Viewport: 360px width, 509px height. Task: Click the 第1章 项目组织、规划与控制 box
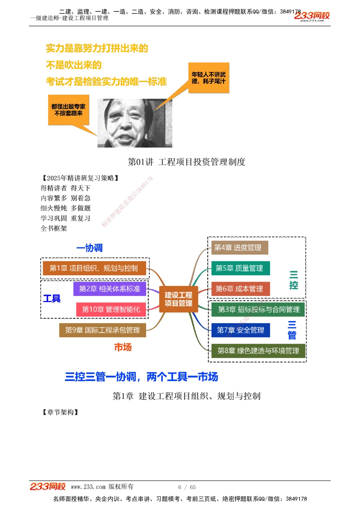click(94, 268)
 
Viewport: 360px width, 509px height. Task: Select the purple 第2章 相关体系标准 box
click(109, 288)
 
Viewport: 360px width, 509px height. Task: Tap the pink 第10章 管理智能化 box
click(111, 309)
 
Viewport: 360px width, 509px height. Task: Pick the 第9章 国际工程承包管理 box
click(103, 330)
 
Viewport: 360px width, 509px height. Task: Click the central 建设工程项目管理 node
click(179, 299)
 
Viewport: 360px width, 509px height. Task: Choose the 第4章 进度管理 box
click(238, 247)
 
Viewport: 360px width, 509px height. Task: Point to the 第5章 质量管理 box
click(239, 268)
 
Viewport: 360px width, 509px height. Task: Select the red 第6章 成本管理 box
click(239, 288)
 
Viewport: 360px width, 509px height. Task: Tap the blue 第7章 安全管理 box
click(240, 330)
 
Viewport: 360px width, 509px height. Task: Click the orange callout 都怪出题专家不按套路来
click(68, 110)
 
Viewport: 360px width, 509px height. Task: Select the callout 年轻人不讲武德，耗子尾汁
click(209, 78)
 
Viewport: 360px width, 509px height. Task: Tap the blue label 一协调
click(90, 248)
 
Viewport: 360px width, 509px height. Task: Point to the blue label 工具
click(52, 299)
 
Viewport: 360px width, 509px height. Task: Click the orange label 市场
click(123, 347)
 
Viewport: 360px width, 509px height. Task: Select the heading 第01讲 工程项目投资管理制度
click(186, 162)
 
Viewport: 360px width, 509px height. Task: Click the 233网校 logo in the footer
click(48, 487)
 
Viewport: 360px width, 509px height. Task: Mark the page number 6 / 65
click(187, 487)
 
